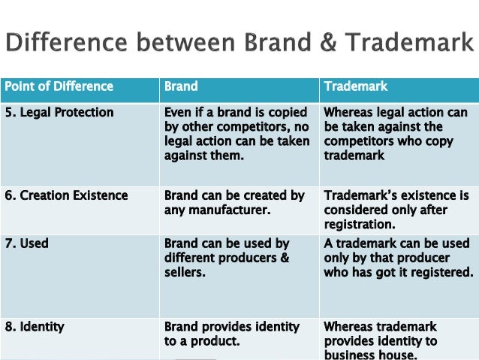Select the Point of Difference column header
pos(59,86)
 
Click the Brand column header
pos(181,86)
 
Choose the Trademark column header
pos(356,86)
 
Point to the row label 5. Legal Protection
pos(59,113)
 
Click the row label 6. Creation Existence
pos(66,196)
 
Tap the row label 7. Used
pos(27,244)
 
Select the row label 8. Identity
pos(35,327)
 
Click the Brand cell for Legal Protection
pos(236,134)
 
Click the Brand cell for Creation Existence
pos(234,203)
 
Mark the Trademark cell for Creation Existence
pos(396,210)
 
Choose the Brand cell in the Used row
pos(227,258)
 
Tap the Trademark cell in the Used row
pos(399,258)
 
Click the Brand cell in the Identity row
pos(231,334)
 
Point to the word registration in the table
pos(359,224)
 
